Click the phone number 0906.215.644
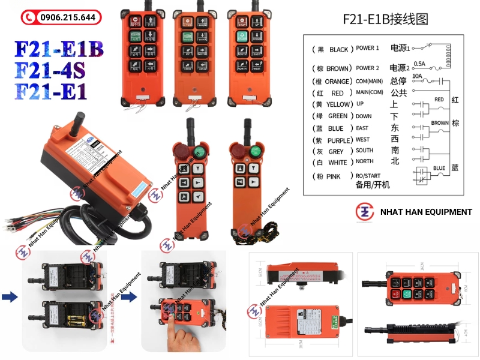(x=68, y=17)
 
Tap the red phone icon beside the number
(x=28, y=17)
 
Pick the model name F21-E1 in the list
(x=50, y=92)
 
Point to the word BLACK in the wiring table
(x=339, y=49)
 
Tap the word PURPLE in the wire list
(x=341, y=140)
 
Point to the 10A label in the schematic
(x=416, y=76)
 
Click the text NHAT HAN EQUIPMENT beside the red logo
(x=426, y=212)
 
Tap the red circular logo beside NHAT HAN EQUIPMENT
(x=365, y=212)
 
